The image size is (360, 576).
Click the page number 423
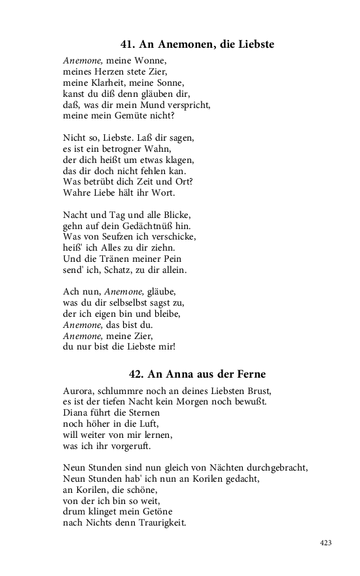coord(327,543)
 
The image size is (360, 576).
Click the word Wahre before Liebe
coord(77,194)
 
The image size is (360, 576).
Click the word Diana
coord(77,413)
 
